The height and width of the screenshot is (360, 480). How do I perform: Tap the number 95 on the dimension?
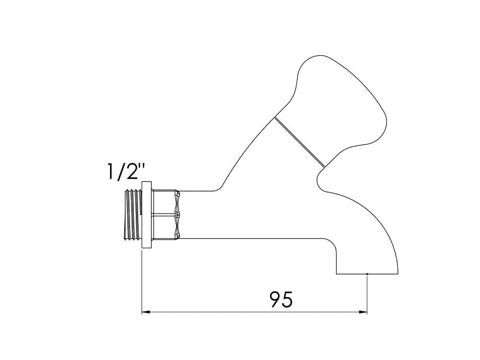281,300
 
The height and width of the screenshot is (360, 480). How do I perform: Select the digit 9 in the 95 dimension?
274,300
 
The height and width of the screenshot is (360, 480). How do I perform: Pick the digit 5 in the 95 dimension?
287,300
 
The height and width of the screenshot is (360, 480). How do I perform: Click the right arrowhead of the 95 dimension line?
363,312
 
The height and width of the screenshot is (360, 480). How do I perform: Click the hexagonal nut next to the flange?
166,215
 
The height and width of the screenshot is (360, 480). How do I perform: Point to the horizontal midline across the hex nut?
166,215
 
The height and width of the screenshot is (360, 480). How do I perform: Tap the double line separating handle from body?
300,142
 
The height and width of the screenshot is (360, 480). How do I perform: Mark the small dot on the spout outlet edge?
367,274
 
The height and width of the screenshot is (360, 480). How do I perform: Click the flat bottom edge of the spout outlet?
353,274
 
